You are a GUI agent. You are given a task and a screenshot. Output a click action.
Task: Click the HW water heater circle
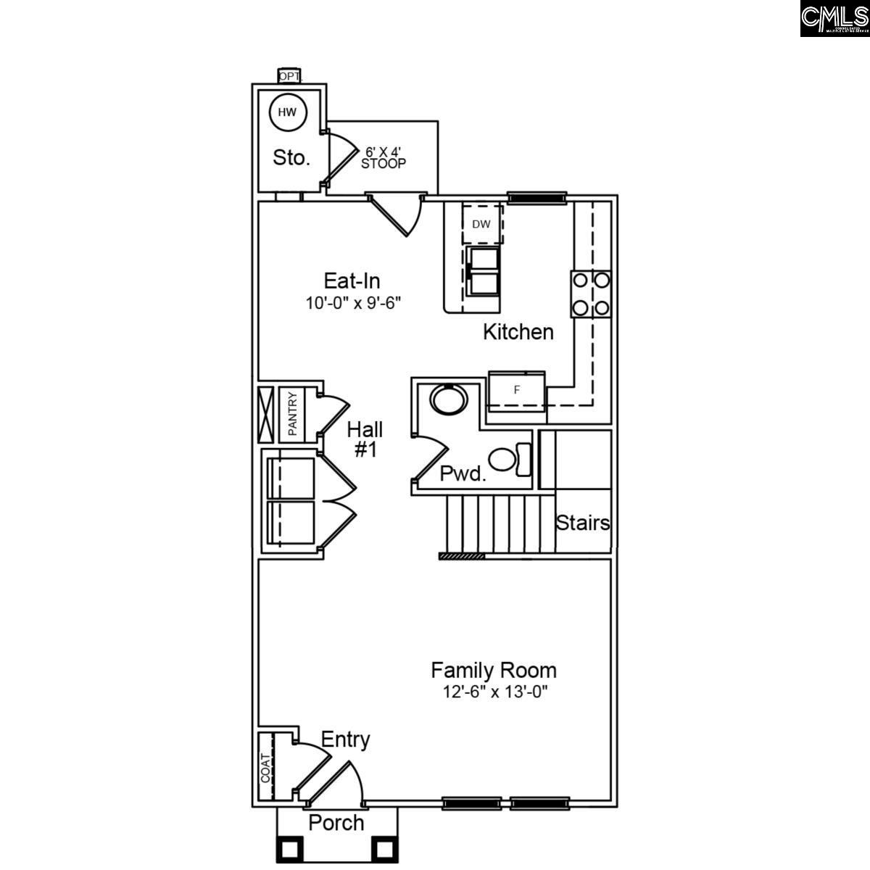[288, 112]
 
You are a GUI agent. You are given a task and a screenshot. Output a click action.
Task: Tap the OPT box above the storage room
[289, 75]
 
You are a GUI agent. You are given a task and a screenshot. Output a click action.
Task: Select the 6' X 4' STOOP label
[383, 157]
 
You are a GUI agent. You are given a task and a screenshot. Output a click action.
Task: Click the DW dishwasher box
[482, 224]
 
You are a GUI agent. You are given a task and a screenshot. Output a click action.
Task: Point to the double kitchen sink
[483, 271]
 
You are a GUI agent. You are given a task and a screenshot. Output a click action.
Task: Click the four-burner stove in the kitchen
[590, 294]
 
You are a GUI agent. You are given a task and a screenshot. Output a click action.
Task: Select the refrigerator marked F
[517, 390]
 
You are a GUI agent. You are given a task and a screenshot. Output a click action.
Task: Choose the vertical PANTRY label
[293, 414]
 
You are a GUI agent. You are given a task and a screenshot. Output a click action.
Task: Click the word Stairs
[583, 523]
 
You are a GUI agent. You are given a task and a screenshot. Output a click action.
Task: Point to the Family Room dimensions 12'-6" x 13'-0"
[494, 692]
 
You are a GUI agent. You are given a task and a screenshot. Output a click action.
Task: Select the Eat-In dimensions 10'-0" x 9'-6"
[353, 302]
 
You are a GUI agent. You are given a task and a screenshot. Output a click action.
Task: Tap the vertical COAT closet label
[265, 768]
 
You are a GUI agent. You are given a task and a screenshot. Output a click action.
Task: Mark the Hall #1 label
[365, 439]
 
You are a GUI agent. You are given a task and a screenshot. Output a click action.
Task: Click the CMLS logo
[834, 18]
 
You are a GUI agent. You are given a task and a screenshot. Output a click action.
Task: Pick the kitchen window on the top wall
[536, 197]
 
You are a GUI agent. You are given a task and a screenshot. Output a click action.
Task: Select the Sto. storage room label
[291, 157]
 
